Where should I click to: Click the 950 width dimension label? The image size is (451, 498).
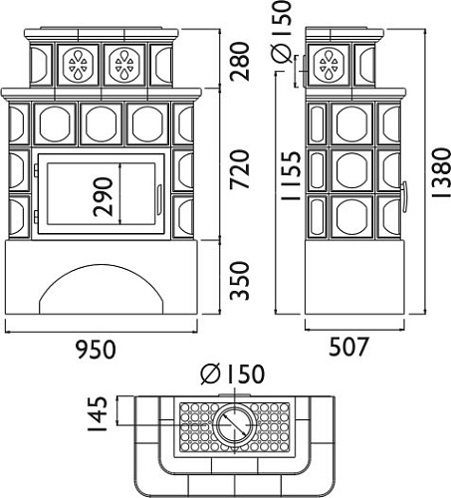(x=96, y=350)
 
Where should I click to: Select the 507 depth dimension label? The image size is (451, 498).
(x=348, y=347)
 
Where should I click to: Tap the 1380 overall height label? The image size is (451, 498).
(x=441, y=172)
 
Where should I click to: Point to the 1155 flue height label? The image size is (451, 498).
(x=291, y=175)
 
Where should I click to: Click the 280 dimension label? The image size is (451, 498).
(x=240, y=62)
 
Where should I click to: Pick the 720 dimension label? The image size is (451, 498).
(x=240, y=169)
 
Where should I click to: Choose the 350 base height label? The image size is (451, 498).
(x=240, y=281)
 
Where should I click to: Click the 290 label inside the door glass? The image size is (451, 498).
(x=103, y=197)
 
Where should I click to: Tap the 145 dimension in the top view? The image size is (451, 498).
(x=98, y=413)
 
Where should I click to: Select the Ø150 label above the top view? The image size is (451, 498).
(x=233, y=373)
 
